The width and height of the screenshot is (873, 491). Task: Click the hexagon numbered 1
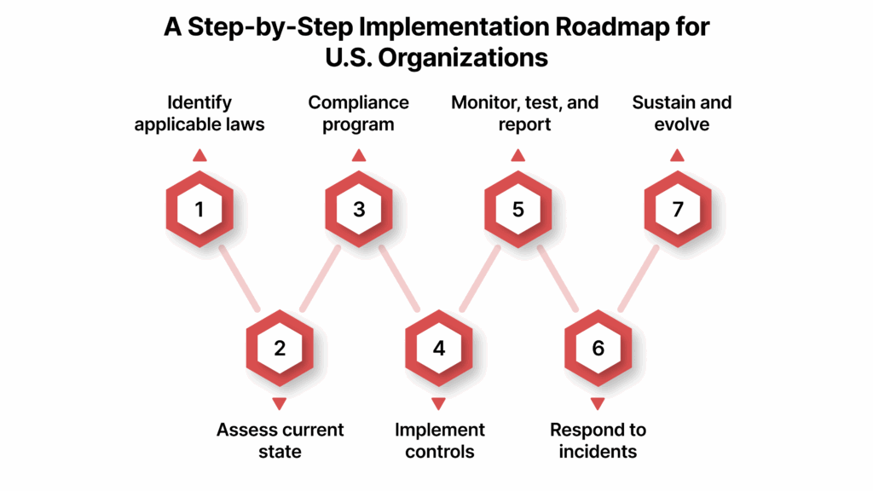click(x=199, y=208)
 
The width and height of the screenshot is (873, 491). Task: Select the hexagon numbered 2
click(x=280, y=348)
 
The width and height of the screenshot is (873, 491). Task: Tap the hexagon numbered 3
click(x=359, y=208)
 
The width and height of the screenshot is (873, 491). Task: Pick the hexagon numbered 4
click(x=438, y=348)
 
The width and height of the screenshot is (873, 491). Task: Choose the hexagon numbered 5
click(x=518, y=208)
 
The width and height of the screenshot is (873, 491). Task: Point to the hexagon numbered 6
click(x=598, y=348)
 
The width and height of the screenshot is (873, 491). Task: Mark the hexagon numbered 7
click(x=677, y=208)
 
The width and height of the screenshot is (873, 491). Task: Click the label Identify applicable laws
click(x=199, y=113)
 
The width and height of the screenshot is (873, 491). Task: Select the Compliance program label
click(x=359, y=113)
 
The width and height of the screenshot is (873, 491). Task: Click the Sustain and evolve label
click(x=682, y=113)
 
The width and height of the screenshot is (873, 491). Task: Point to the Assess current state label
click(x=280, y=440)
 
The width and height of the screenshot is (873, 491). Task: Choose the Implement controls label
click(x=439, y=440)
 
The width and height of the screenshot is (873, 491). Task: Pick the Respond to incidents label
click(x=598, y=440)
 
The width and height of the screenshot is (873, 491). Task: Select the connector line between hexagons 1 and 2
click(x=240, y=279)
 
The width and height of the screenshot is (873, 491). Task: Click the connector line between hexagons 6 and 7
click(x=638, y=279)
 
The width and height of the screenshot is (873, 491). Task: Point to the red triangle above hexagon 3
click(x=359, y=155)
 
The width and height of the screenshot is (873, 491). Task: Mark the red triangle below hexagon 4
click(x=438, y=403)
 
